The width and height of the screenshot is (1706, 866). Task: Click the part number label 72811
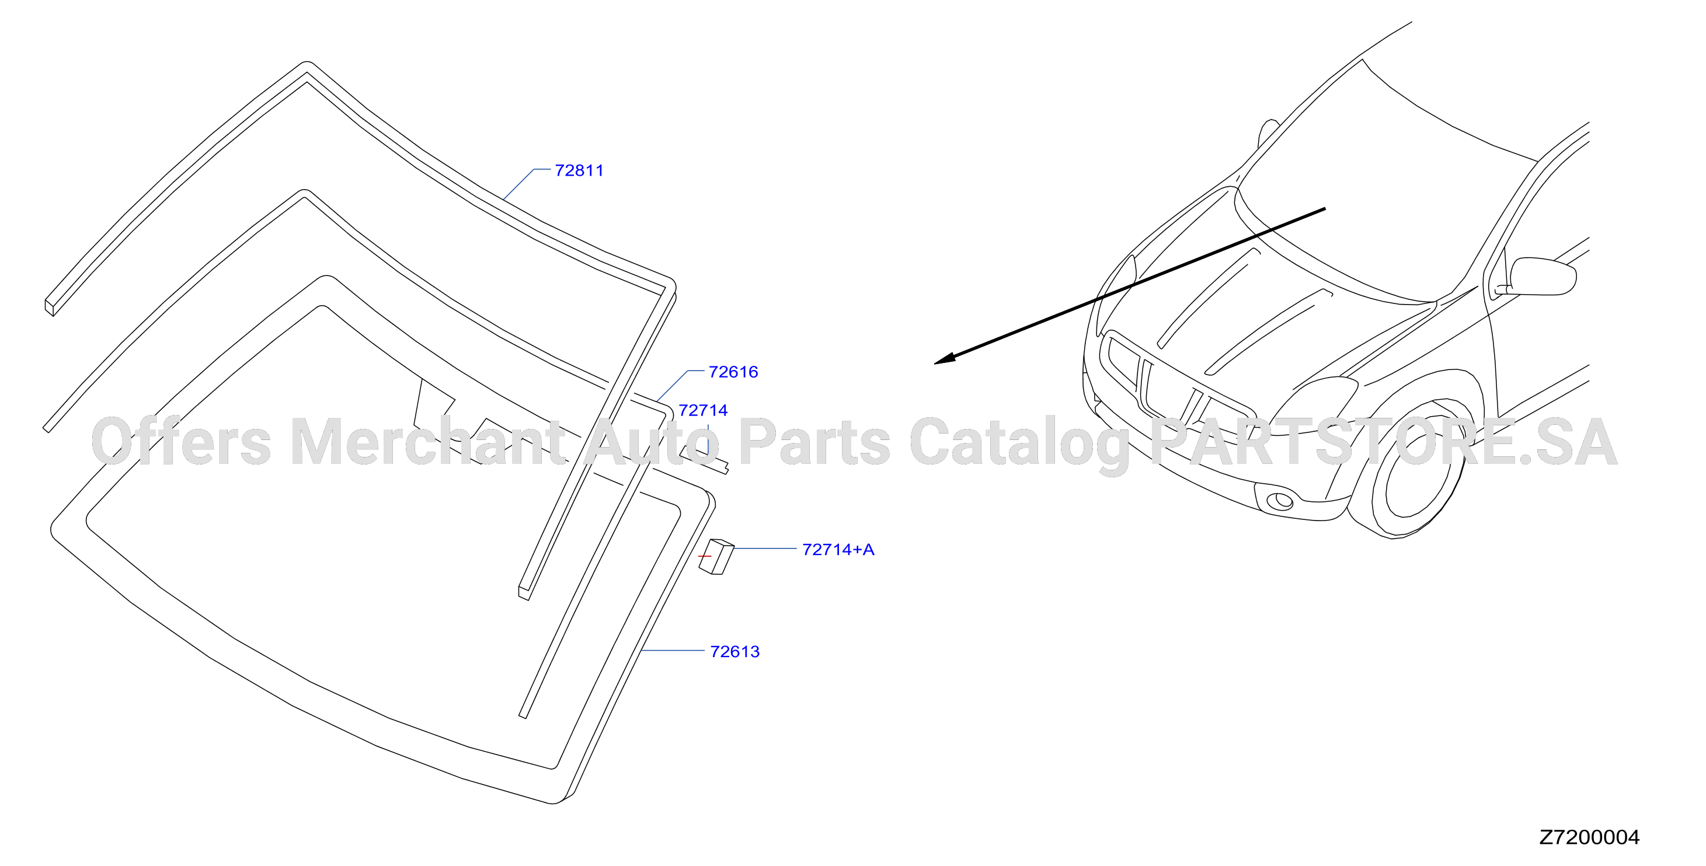[x=579, y=171]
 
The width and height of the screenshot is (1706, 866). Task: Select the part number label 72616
[x=733, y=372]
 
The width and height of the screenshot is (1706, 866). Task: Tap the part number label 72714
[x=703, y=410]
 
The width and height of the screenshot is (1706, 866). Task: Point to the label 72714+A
[x=838, y=550]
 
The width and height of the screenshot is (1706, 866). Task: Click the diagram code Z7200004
[x=1589, y=837]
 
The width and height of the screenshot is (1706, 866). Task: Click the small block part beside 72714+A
[x=716, y=557]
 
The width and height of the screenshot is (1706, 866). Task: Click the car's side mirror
[x=1542, y=276]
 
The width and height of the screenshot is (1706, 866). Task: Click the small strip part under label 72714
[x=705, y=459]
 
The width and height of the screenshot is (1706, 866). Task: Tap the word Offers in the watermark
[x=181, y=442]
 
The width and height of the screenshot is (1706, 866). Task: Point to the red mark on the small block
[x=705, y=556]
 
